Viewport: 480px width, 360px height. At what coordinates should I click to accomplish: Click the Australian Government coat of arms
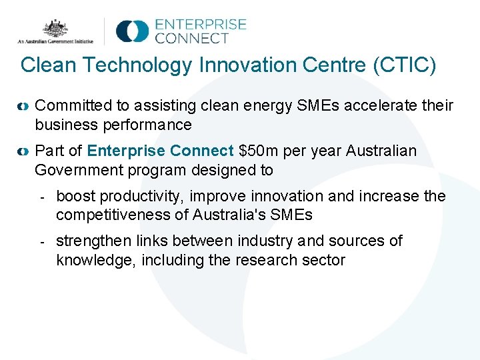click(x=56, y=28)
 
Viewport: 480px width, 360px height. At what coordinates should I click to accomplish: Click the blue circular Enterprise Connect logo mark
click(x=132, y=31)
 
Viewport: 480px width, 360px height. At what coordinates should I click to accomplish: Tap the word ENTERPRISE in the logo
click(x=201, y=25)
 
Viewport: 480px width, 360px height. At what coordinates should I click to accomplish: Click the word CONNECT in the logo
click(x=191, y=39)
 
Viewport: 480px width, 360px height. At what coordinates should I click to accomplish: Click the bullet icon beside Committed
click(x=23, y=106)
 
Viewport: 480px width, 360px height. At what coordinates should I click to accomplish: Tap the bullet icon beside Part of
click(x=23, y=152)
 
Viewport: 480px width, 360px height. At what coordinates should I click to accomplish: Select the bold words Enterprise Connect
click(x=161, y=151)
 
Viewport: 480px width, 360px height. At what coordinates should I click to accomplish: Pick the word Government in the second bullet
click(x=76, y=170)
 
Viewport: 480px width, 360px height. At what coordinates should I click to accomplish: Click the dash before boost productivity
click(x=41, y=197)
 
